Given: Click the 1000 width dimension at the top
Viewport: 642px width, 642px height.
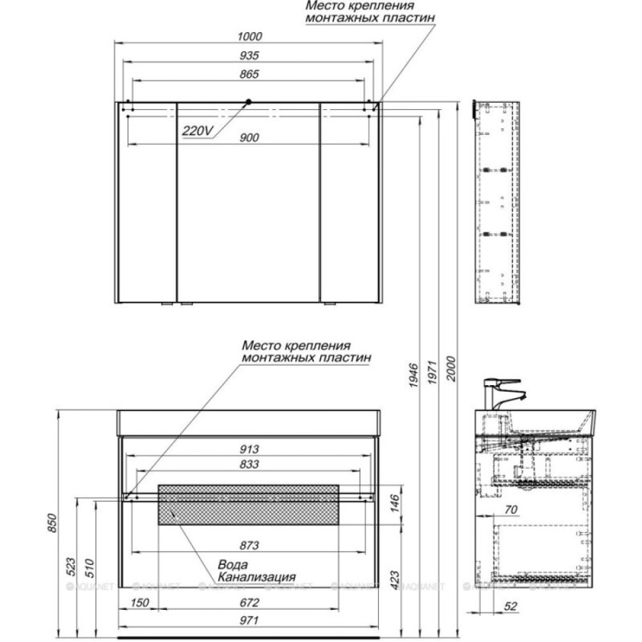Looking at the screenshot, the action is click(250, 36).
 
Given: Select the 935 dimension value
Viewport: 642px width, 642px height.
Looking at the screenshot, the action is click(250, 55).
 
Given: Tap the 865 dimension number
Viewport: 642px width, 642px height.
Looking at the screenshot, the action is click(250, 74).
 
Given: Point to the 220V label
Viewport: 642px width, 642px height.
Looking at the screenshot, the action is click(198, 131).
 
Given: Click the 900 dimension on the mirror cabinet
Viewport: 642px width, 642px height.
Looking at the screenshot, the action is click(250, 138).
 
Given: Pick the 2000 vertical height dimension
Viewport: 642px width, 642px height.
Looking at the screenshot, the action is click(450, 369).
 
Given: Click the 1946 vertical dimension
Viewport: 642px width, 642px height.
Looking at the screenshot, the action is click(413, 375).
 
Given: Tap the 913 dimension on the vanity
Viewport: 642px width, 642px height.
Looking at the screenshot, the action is click(250, 449).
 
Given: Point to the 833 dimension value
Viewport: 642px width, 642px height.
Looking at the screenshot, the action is click(250, 464).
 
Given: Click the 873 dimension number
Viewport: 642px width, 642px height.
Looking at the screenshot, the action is click(250, 546).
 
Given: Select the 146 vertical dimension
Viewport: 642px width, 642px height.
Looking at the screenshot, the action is click(394, 504).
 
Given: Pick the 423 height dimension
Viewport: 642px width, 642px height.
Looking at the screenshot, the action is click(394, 581).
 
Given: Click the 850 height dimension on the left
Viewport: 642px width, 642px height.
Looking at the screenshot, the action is click(52, 523).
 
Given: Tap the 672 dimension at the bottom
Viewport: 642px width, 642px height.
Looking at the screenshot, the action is click(250, 603).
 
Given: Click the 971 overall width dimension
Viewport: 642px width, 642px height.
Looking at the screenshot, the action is click(249, 621).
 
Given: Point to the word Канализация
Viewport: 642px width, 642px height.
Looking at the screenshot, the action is click(257, 577).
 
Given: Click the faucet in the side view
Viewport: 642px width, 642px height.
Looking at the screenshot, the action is click(499, 393).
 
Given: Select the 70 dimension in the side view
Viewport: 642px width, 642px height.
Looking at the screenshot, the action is click(511, 510).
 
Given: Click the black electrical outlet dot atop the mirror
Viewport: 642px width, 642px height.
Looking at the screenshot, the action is click(248, 101).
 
